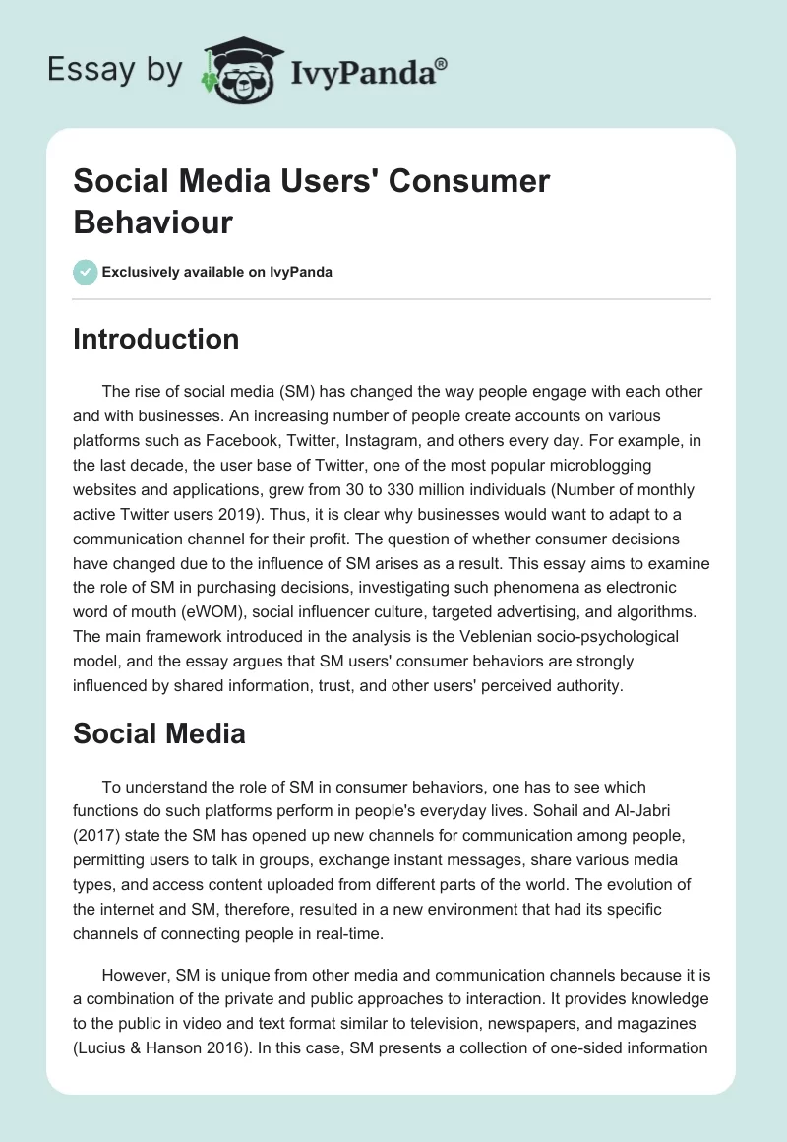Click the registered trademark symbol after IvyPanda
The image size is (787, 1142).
(x=442, y=65)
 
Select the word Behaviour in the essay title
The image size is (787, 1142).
(x=153, y=222)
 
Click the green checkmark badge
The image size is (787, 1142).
(x=86, y=272)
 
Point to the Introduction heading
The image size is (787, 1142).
(x=156, y=339)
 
